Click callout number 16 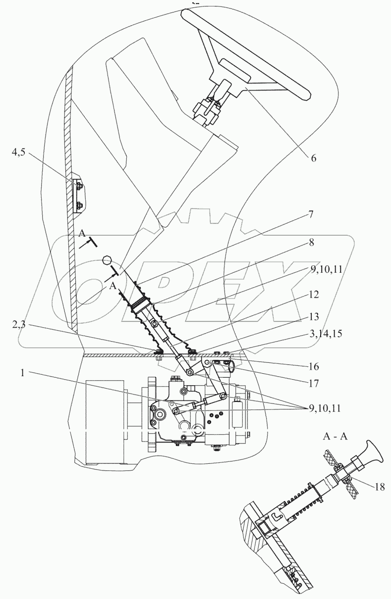313,367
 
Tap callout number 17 313,383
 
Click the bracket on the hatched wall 78,195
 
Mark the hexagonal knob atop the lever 107,259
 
